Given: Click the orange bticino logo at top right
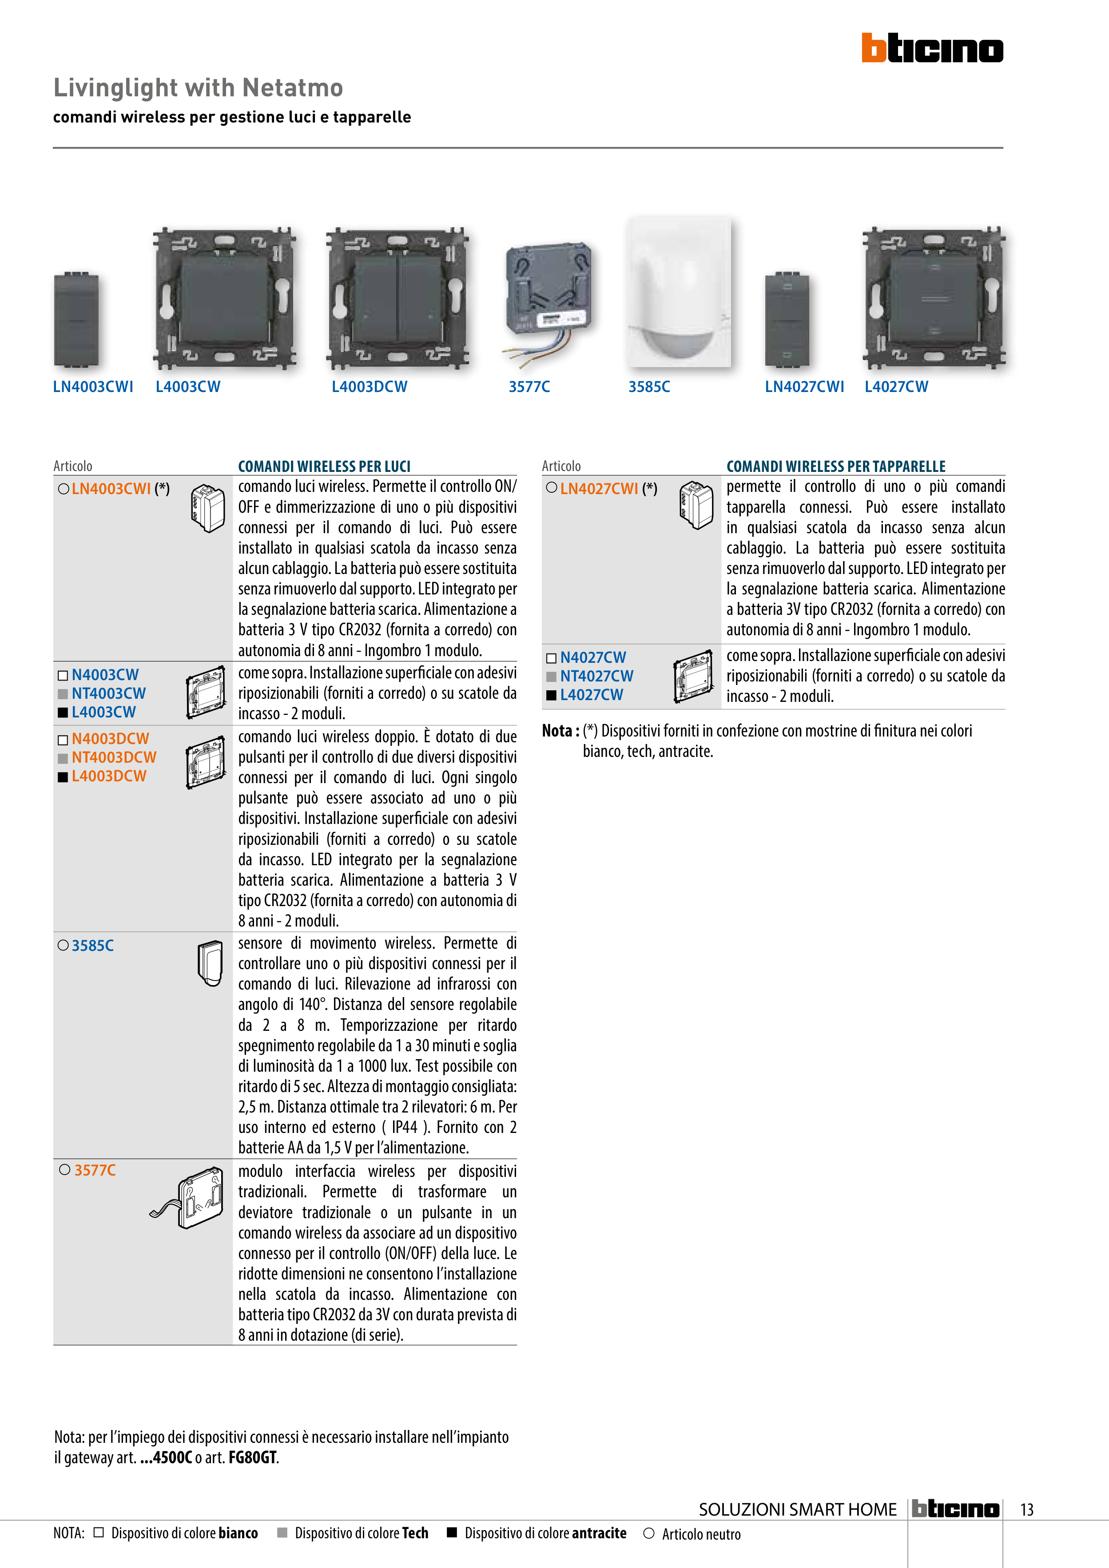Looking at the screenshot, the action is click(x=932, y=48).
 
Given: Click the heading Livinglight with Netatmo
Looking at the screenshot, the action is click(x=198, y=87).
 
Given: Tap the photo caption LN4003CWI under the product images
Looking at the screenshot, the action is click(x=93, y=387).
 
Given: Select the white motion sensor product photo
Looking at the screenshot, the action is click(x=679, y=292).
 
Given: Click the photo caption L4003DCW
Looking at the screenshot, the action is click(x=369, y=387).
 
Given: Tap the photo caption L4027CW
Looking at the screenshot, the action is click(x=897, y=387).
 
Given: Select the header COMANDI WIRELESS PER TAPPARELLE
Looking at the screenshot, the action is click(x=836, y=467).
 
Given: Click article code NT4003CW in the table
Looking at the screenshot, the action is click(x=109, y=693).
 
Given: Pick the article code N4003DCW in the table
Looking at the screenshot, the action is click(x=110, y=739).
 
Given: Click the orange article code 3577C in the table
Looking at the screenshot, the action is click(x=95, y=1170).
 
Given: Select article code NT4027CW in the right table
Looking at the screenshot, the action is click(x=596, y=676).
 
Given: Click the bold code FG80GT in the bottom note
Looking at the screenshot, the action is click(x=252, y=1457).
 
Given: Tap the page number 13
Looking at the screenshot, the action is click(x=1026, y=1509).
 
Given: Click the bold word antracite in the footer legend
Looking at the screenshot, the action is click(x=599, y=1533).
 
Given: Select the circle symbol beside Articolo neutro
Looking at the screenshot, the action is click(x=649, y=1533).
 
